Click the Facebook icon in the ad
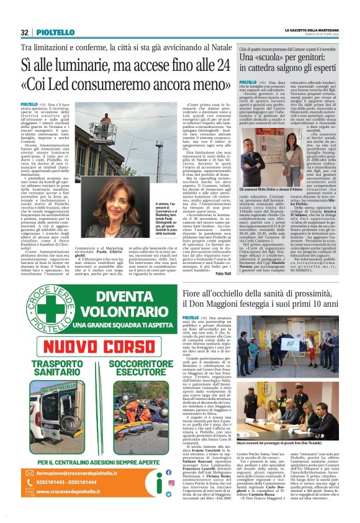click(166, 493)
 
